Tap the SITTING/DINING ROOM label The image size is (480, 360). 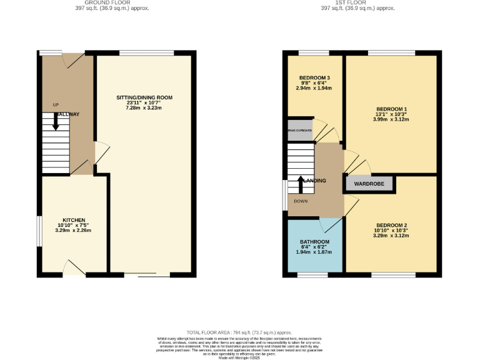(144, 97)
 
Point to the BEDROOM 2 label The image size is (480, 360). (391, 225)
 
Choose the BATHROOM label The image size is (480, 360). (314, 242)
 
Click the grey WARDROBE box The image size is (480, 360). (368, 184)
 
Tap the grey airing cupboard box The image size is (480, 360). (299, 131)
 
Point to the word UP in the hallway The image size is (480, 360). (56, 104)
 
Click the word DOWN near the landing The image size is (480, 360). (301, 201)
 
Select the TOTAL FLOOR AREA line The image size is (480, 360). (239, 332)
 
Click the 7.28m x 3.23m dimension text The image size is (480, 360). (144, 108)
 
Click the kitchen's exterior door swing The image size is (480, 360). (75, 267)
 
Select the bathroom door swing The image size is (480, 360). (327, 224)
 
